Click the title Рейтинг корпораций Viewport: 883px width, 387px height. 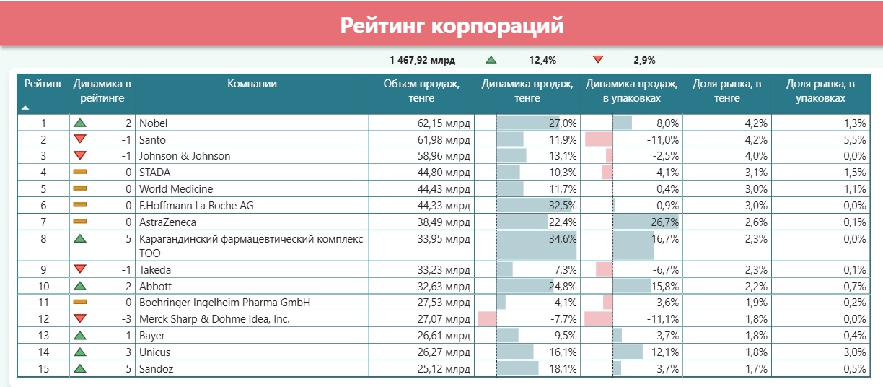tap(452, 27)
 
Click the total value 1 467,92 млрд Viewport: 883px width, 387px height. tap(422, 61)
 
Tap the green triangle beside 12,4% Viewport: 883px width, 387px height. tap(491, 61)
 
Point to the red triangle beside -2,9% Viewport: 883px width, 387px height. tap(597, 60)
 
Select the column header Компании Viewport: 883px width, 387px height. tap(252, 84)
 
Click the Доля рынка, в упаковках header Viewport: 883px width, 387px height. tap(820, 91)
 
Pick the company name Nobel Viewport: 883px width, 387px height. tap(153, 123)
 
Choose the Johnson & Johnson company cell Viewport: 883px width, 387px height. tap(185, 156)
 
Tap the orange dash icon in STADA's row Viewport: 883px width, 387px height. tap(80, 173)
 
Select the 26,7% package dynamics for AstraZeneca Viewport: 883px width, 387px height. tap(664, 222)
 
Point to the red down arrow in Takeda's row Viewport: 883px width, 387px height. tap(80, 270)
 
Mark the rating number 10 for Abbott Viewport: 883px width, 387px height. tap(43, 286)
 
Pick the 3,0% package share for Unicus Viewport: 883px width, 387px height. tap(855, 352)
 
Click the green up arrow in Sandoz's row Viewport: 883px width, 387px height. tap(80, 368)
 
